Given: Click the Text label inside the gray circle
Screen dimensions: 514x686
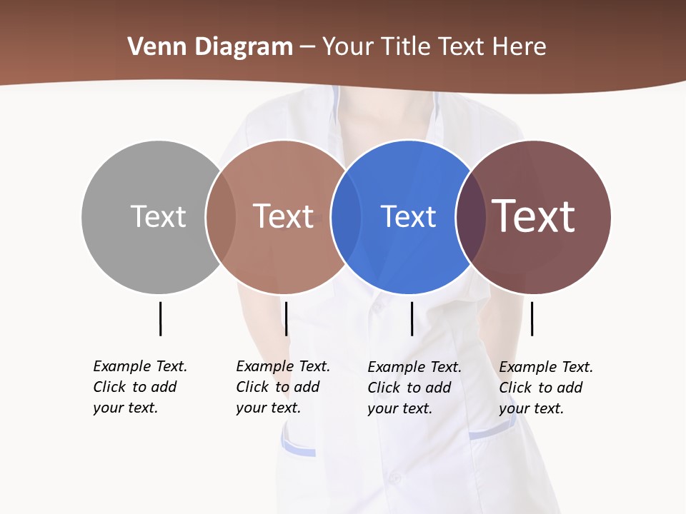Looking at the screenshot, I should [158, 216].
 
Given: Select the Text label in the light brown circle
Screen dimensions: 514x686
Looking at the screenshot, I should [283, 216].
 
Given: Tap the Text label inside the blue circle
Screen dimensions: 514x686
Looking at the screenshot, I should [408, 216].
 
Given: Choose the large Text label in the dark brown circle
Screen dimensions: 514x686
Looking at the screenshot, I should [534, 216].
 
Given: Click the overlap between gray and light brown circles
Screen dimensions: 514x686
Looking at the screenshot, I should [220, 216].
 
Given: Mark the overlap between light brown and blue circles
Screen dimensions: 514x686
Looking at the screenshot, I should [346, 216].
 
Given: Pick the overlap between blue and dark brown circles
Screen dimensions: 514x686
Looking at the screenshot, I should [471, 216].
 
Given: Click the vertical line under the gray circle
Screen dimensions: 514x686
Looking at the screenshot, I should [160, 318].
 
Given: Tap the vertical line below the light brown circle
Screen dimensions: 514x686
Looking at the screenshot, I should [286, 318].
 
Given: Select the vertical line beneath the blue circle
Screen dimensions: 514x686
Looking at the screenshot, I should [412, 318].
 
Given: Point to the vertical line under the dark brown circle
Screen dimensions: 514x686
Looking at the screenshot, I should [532, 318].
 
